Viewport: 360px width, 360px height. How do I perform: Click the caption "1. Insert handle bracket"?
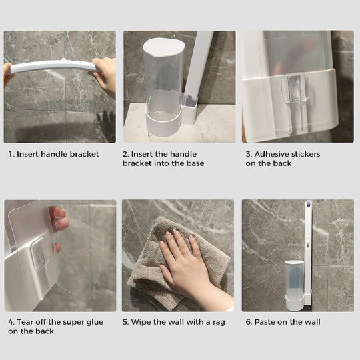pos(53,154)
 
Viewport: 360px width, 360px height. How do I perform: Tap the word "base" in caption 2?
pos(193,163)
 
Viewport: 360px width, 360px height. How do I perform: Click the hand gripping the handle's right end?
pos(104,75)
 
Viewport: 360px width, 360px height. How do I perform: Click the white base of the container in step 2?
pos(163,120)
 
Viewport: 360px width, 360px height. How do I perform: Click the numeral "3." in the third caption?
pos(248,154)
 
